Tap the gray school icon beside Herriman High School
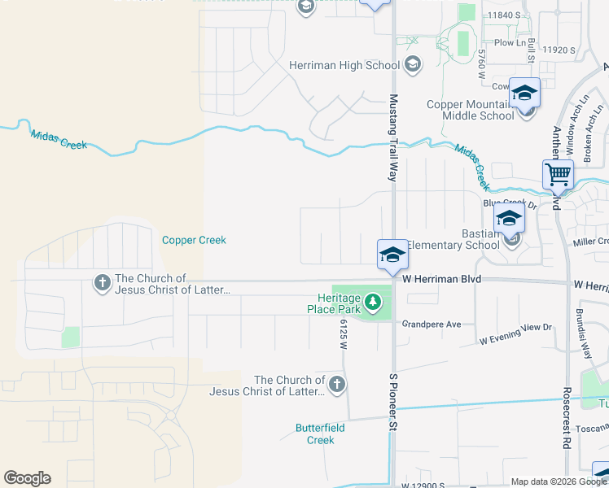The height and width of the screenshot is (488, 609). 413,65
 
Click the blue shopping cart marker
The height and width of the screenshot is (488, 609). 559,173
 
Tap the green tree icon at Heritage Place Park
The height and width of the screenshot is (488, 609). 373,303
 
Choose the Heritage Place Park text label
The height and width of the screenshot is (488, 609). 334,303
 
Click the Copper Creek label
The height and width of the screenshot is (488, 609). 194,240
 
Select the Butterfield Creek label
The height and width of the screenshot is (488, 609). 314,434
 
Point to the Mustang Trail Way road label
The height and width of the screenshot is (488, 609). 393,137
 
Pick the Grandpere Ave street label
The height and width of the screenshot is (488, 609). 432,324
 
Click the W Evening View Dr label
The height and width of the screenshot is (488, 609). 515,333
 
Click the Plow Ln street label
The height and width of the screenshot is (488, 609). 510,42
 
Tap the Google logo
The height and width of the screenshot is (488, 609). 27,478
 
